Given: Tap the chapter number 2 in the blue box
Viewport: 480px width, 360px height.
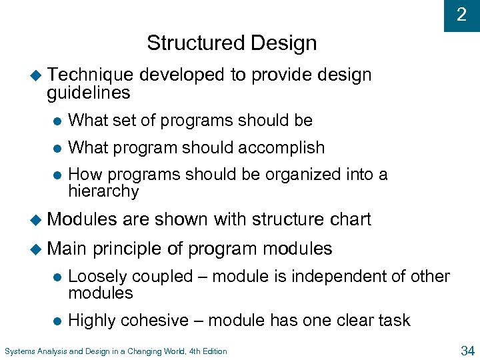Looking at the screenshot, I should [x=461, y=15].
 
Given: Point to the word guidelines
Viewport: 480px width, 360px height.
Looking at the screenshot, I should [x=88, y=93].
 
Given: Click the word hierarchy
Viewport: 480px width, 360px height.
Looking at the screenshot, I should [x=103, y=191].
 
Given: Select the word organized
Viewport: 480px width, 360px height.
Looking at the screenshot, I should [x=303, y=175].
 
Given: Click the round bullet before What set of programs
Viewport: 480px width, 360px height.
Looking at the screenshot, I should [x=57, y=121].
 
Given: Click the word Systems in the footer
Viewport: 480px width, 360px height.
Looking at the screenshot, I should [x=20, y=351].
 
